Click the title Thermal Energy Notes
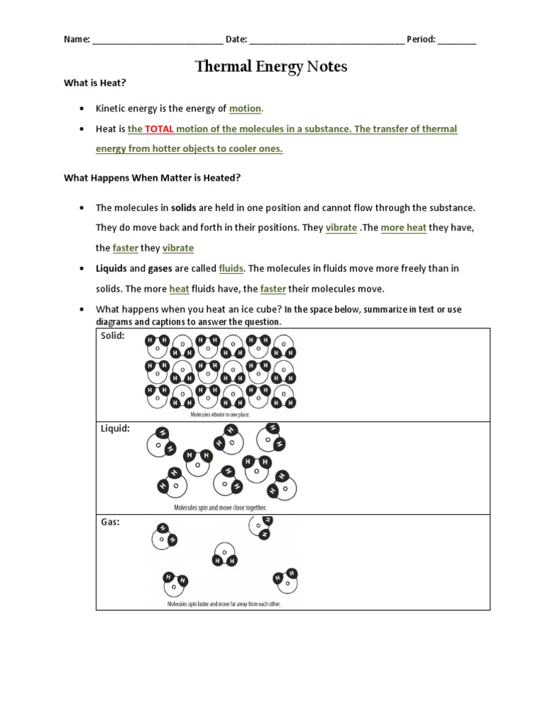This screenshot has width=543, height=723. [x=271, y=67]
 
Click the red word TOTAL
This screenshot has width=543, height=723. [x=160, y=129]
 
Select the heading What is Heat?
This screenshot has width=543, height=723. [x=95, y=83]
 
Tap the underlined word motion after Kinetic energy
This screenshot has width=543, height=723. [x=245, y=109]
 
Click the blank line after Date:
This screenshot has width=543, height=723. [x=327, y=40]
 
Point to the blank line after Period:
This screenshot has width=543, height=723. [x=457, y=40]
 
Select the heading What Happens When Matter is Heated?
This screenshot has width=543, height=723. [x=153, y=178]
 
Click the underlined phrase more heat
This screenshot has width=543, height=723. [x=403, y=228]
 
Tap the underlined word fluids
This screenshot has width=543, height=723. [x=231, y=268]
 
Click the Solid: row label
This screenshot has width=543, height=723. [x=112, y=336]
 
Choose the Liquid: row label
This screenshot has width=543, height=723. [x=115, y=429]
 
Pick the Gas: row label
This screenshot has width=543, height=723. [x=110, y=522]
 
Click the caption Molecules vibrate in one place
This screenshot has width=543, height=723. [x=220, y=415]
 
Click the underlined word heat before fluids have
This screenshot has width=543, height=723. [x=179, y=289]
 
